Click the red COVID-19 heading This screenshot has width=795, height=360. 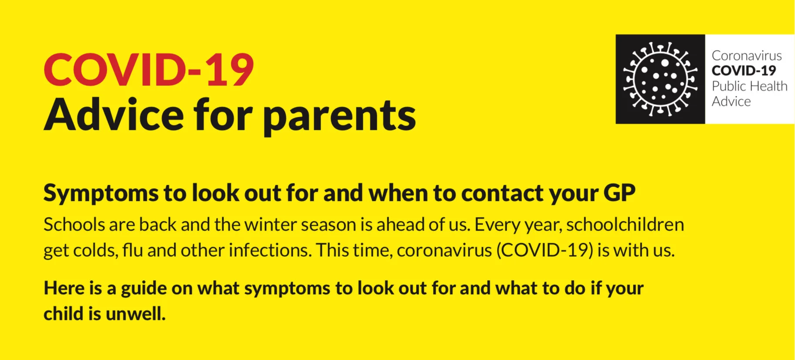pyautogui.click(x=149, y=70)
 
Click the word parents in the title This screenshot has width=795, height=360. pyautogui.click(x=339, y=115)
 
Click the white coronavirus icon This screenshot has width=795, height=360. pyautogui.click(x=660, y=79)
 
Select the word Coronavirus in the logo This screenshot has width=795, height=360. pyautogui.click(x=747, y=56)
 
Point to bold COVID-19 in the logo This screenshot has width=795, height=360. pyautogui.click(x=744, y=71)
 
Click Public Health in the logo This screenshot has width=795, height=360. pyautogui.click(x=749, y=86)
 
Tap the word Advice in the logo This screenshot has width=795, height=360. pyautogui.click(x=731, y=102)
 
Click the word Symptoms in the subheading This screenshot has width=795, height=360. pyautogui.click(x=101, y=194)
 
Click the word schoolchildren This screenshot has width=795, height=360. pyautogui.click(x=625, y=225)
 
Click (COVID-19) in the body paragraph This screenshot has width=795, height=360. pyautogui.click(x=545, y=251)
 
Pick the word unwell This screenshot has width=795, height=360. pyautogui.click(x=135, y=314)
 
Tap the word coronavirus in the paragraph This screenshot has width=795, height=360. pyautogui.click(x=444, y=251)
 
